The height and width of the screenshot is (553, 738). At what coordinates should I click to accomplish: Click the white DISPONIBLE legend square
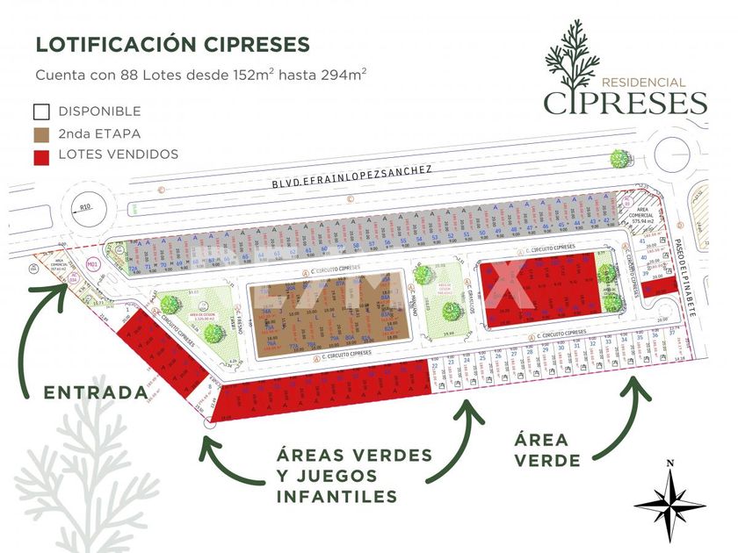click(x=40, y=111)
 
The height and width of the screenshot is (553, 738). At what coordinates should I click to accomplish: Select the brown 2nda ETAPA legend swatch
click(x=40, y=133)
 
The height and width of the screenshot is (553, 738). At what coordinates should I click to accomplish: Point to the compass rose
click(x=669, y=502)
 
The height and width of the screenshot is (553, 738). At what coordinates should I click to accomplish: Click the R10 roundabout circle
click(x=84, y=210)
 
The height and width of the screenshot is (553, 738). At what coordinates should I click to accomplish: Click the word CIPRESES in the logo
click(x=626, y=103)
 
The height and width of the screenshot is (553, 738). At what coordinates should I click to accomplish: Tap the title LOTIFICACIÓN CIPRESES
click(x=172, y=44)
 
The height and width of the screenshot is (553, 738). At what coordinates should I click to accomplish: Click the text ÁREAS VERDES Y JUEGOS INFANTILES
click(x=353, y=475)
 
